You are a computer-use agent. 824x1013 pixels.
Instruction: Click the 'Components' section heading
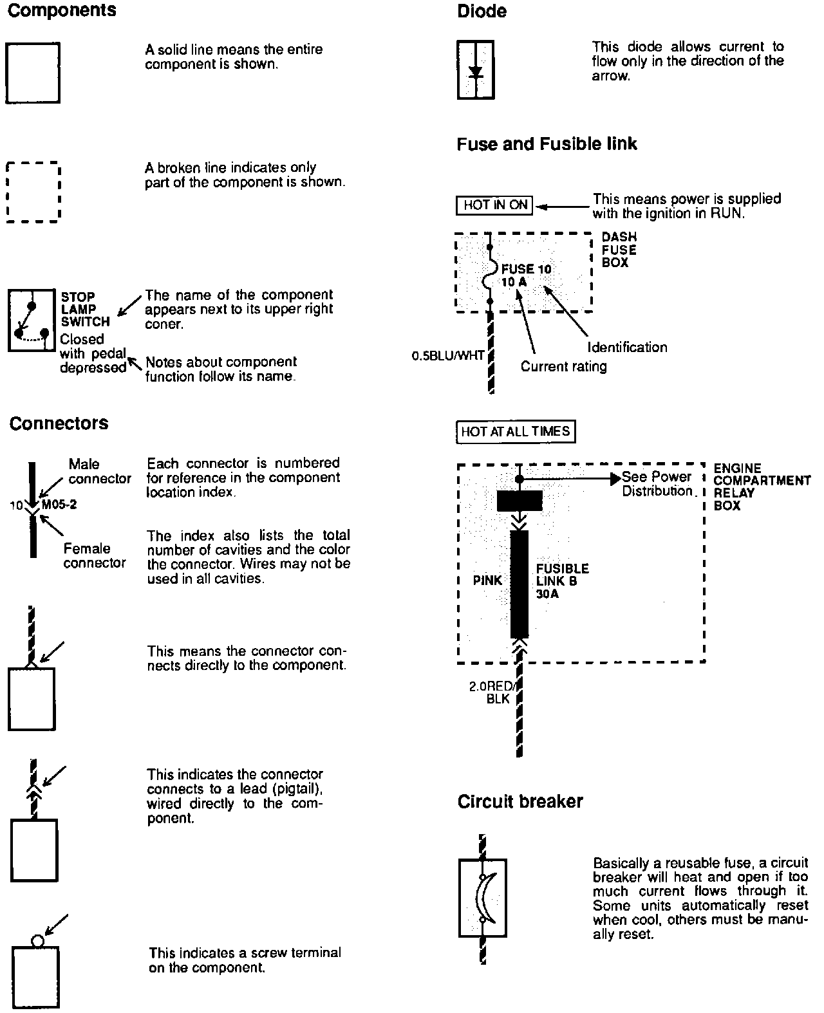coord(62,11)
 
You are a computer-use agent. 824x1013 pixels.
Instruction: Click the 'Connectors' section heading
coord(59,423)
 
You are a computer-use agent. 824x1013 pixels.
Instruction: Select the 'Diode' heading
coord(482,12)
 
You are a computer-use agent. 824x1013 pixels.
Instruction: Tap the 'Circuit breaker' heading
coord(520,802)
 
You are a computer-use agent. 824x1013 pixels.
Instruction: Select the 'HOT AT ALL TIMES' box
coord(515,431)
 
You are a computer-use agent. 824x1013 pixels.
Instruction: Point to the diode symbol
coord(476,70)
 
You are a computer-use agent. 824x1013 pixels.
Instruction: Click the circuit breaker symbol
coord(482,897)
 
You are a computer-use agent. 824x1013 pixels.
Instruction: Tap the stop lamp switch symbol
coord(32,321)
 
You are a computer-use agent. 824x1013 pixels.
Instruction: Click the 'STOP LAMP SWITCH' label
coord(85,309)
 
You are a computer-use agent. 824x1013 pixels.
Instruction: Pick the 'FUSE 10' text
coord(527,269)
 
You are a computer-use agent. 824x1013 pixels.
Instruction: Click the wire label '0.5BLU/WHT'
coord(448,355)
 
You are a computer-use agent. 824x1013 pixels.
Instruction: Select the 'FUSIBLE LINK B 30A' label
coord(562,581)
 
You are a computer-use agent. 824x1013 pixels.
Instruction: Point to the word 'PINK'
coord(487,581)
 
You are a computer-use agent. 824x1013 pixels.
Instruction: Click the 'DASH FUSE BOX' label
coord(619,250)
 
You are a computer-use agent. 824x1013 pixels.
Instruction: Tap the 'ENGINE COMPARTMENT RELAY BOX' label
coord(762,487)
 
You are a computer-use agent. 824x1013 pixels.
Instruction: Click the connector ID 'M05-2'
coord(59,505)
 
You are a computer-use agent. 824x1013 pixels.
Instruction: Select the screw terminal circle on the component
coord(37,941)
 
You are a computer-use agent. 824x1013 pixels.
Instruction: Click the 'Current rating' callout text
coord(563,367)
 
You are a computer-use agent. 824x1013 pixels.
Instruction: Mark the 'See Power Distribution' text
coord(657,484)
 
